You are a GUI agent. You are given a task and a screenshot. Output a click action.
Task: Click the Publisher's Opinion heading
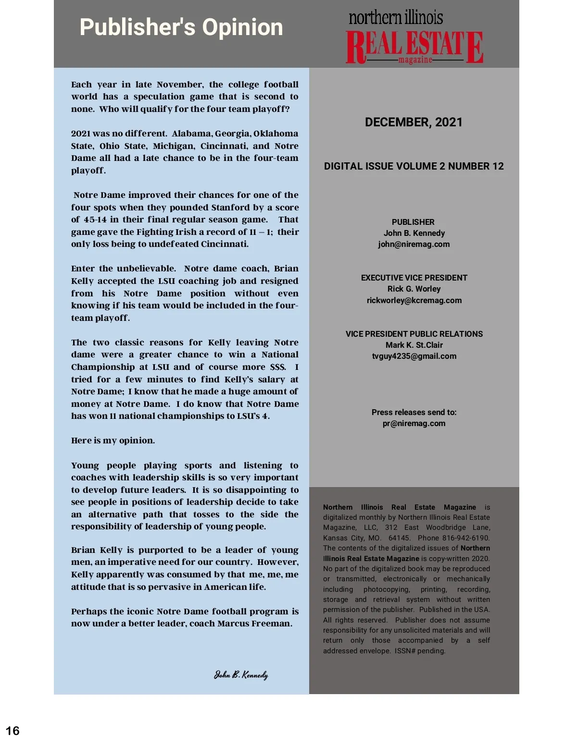(x=181, y=27)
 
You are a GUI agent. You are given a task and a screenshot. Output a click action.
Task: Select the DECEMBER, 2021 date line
(x=414, y=122)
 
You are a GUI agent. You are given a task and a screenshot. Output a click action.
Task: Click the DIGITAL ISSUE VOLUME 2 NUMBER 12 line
(x=414, y=166)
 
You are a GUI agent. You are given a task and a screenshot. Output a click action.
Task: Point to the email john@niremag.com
(x=414, y=244)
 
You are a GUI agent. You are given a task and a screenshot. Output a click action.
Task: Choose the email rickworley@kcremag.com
(x=414, y=300)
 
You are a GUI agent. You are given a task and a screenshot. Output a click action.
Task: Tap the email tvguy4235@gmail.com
(x=414, y=356)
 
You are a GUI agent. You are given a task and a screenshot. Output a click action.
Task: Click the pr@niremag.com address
(x=414, y=423)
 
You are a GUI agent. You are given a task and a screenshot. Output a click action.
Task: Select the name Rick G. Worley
(x=414, y=289)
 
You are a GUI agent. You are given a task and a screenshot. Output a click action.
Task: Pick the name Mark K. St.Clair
(x=414, y=345)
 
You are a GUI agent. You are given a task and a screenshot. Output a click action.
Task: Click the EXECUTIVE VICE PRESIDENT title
(x=414, y=278)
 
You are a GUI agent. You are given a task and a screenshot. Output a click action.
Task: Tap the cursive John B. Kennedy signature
(x=241, y=675)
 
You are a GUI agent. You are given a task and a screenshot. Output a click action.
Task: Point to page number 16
(x=13, y=731)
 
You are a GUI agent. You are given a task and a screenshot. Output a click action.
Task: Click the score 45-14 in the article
(x=95, y=220)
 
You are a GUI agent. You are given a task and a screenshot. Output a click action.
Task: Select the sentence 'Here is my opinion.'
(x=113, y=440)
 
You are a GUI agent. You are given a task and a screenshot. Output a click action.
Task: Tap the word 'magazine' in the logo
(x=415, y=60)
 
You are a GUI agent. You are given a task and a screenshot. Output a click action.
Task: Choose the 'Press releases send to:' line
(x=414, y=412)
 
